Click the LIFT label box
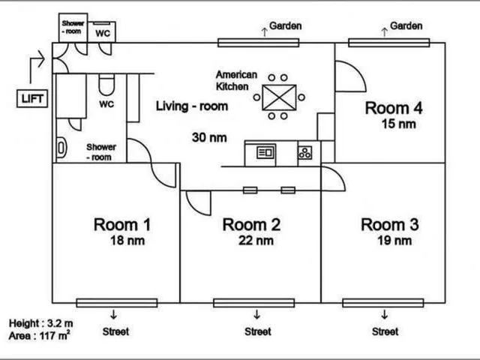tap(32, 98)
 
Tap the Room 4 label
tap(394, 108)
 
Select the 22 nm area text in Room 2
tap(256, 240)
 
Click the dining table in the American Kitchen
tap(279, 97)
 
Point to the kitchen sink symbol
tap(265, 152)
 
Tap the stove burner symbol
tap(305, 152)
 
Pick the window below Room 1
tap(117, 303)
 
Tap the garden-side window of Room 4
tap(388, 43)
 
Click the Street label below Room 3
tap(385, 331)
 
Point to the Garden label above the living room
tap(285, 26)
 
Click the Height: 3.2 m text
tap(40, 323)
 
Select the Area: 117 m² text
tap(39, 336)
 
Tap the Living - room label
tap(192, 106)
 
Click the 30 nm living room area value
tap(209, 137)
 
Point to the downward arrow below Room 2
tap(256, 314)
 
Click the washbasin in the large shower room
tap(61, 148)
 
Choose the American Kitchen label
tap(236, 80)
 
